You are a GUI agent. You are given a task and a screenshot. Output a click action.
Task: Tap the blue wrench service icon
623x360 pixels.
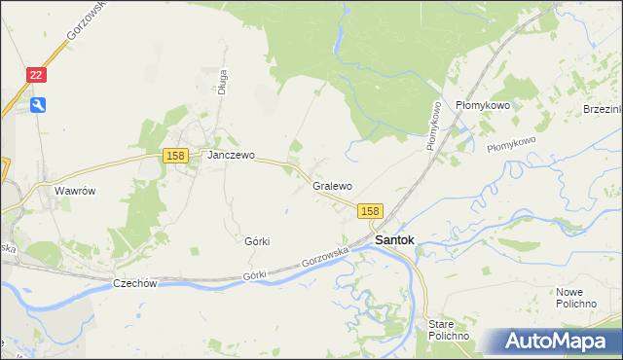pyautogui.click(x=37, y=105)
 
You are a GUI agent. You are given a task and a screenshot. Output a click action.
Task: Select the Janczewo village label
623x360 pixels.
pyautogui.click(x=230, y=155)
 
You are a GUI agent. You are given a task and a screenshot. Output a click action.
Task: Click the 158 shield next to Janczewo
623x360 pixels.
pyautogui.click(x=175, y=156)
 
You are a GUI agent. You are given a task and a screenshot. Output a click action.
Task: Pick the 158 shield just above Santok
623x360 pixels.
pyautogui.click(x=370, y=210)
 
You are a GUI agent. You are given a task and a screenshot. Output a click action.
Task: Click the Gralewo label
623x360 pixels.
pyautogui.click(x=332, y=185)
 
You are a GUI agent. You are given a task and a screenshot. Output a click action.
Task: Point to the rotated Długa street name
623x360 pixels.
pyautogui.click(x=223, y=80)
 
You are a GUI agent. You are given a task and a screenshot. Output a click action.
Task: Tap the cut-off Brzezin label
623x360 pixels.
pyautogui.click(x=603, y=108)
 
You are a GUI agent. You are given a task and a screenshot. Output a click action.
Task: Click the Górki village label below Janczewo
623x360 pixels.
pyautogui.click(x=257, y=240)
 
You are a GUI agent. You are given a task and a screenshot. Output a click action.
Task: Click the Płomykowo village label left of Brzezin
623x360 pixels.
pyautogui.click(x=483, y=105)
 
